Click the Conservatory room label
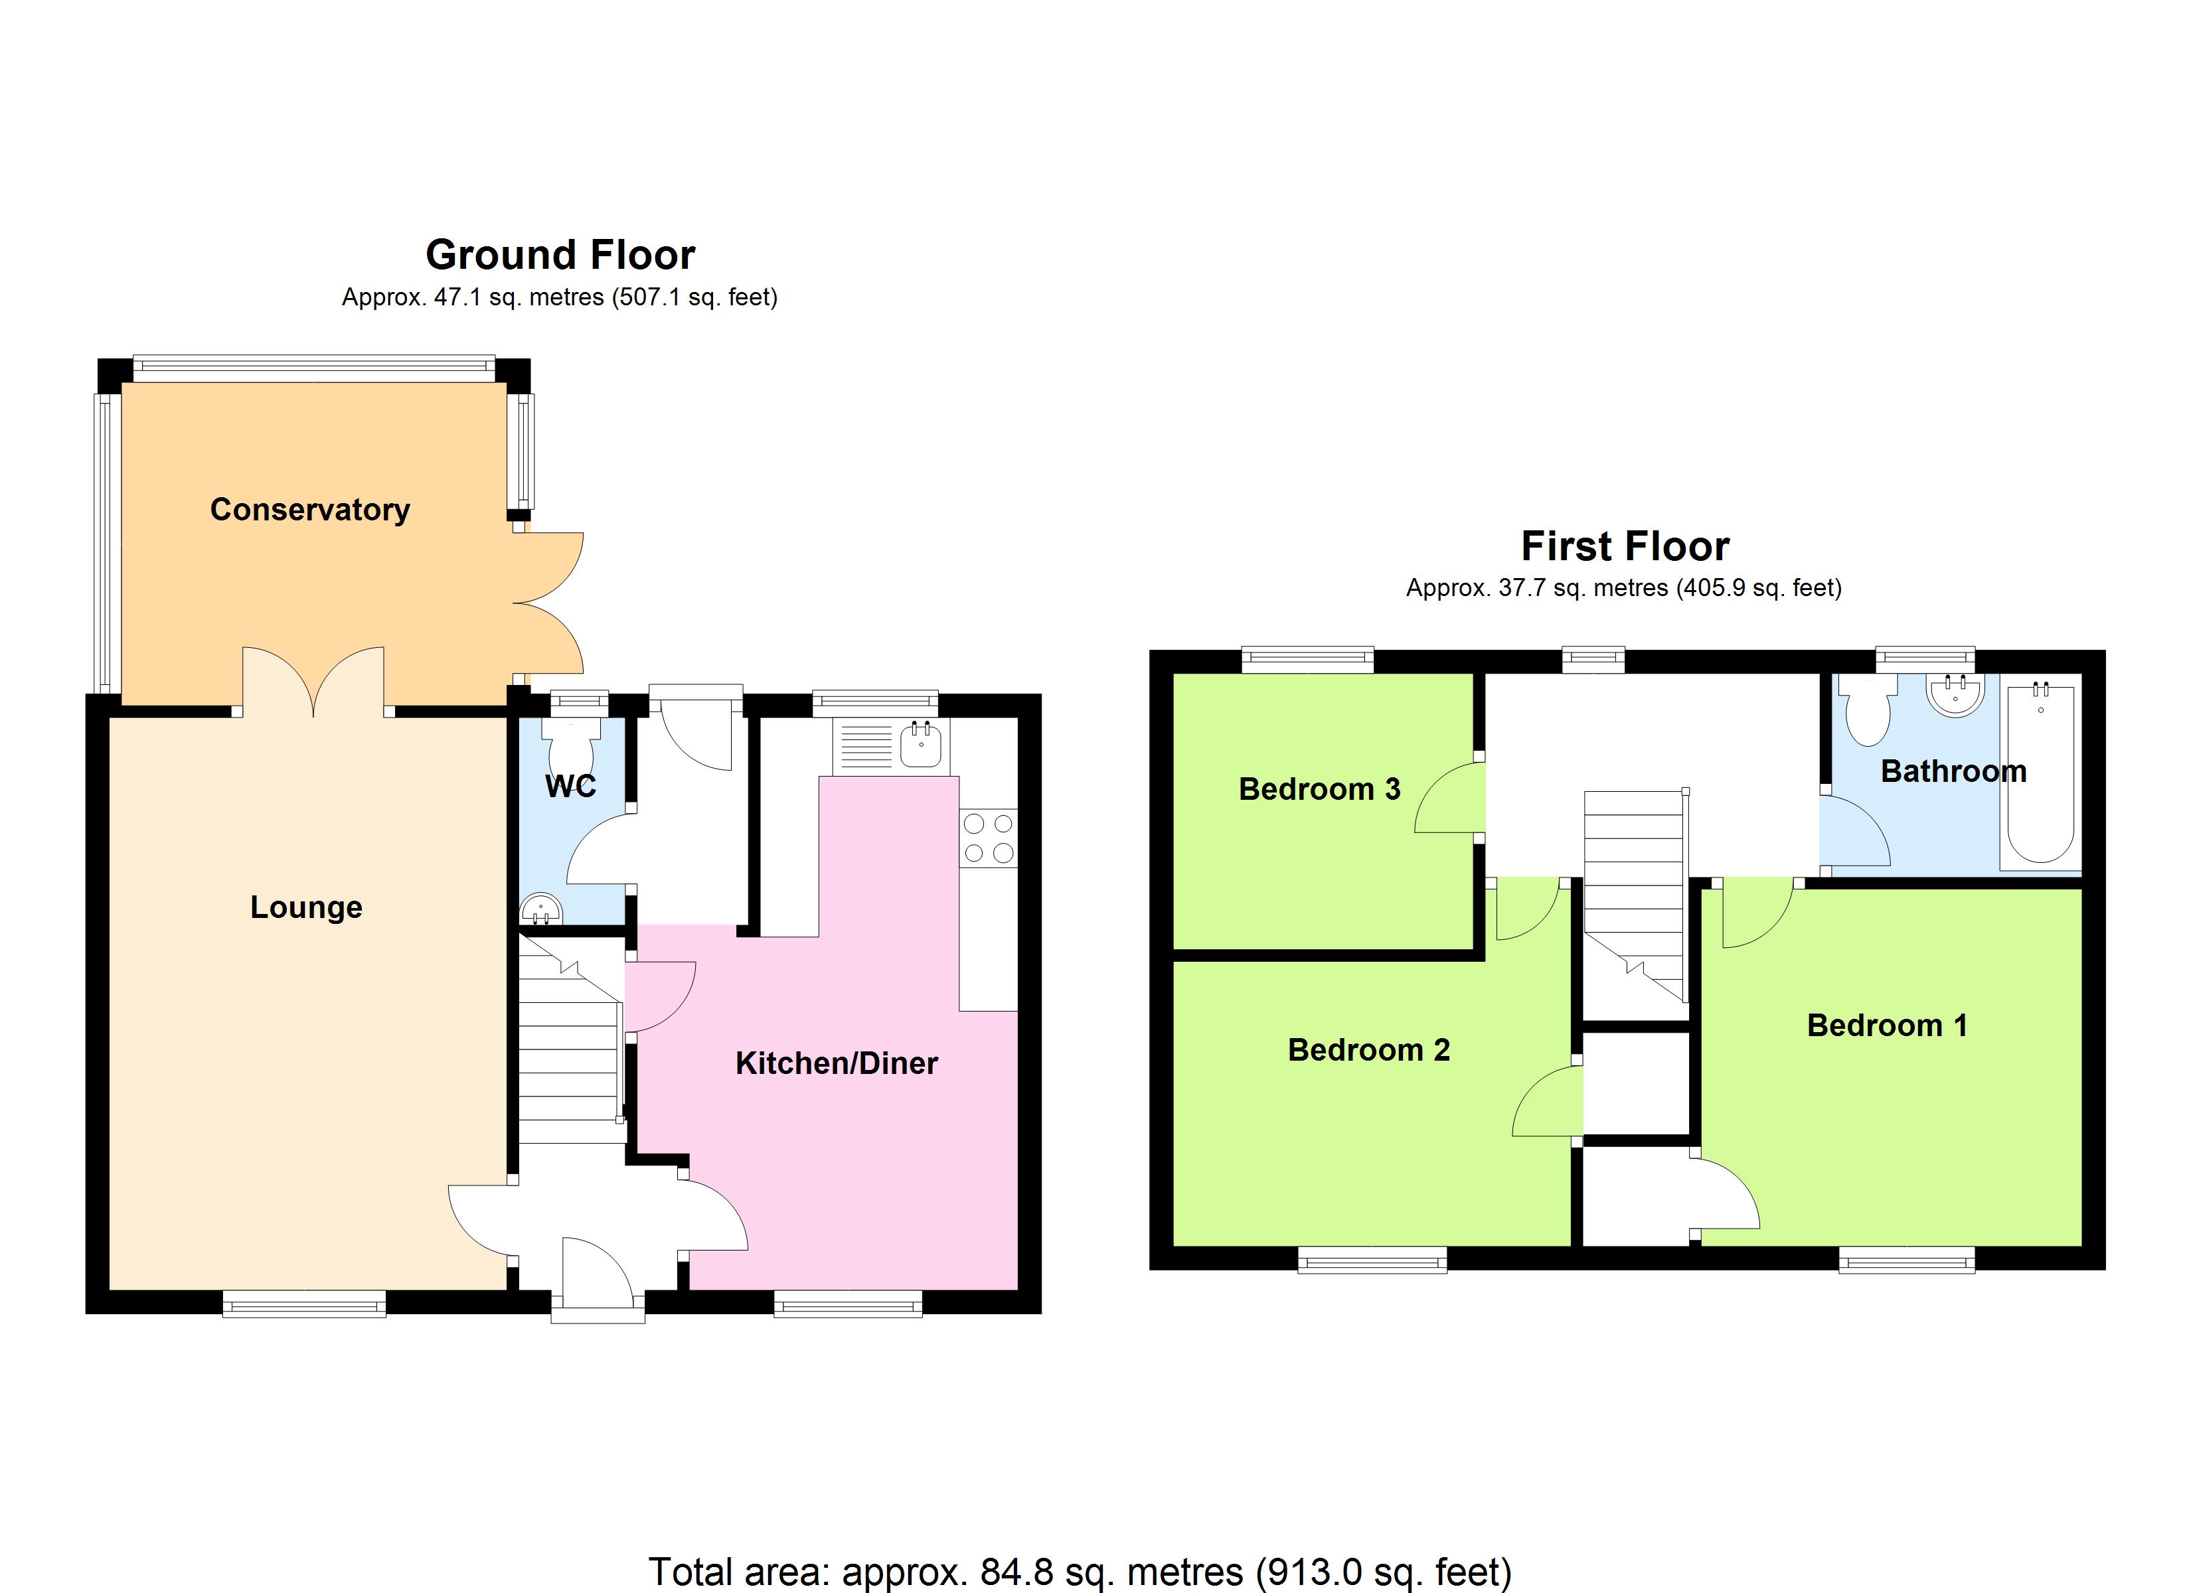[310, 509]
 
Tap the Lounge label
[306, 907]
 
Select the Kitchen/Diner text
[837, 1063]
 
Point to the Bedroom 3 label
[1320, 789]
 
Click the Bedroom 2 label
[1369, 1050]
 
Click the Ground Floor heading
[560, 255]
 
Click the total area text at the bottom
[1079, 1572]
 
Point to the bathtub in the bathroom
[2040, 772]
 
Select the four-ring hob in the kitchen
[988, 838]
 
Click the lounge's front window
[304, 1304]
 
